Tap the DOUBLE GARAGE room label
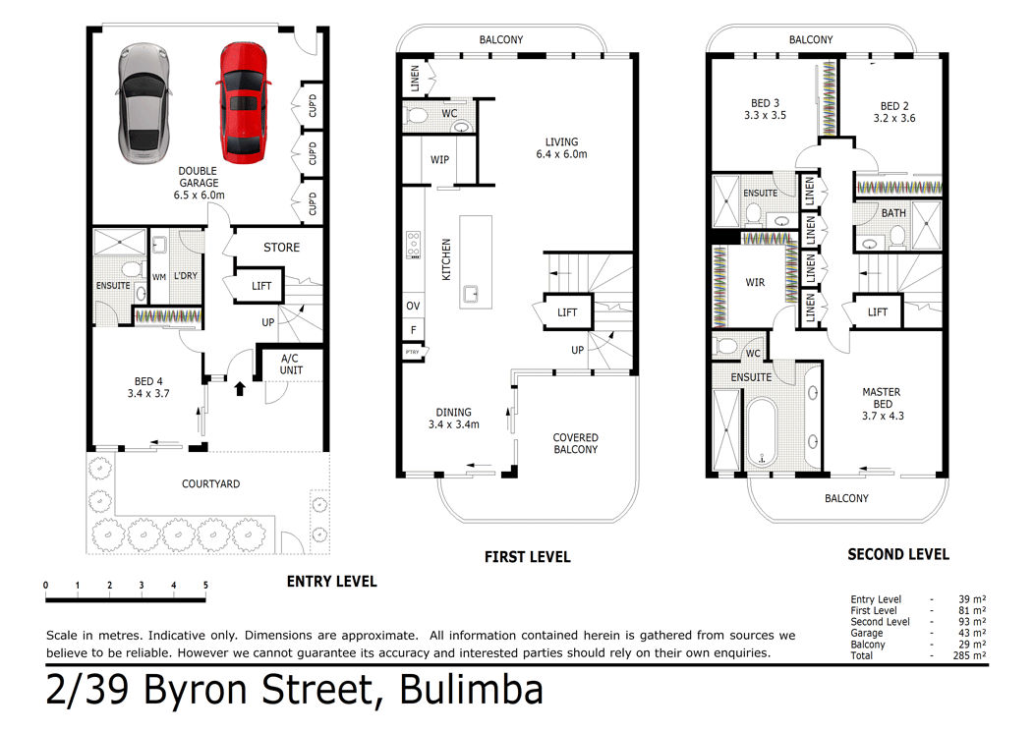coord(199,183)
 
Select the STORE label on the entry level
coord(281,248)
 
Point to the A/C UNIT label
coord(291,365)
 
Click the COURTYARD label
coord(210,484)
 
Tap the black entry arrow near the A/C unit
coord(239,389)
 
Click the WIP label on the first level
coord(440,159)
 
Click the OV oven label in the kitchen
coord(413,307)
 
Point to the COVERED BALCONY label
coord(575,444)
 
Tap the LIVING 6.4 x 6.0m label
coord(561,148)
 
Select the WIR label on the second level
coord(755,283)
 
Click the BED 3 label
coord(765,110)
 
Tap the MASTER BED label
coord(881,404)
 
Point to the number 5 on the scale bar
coord(205,586)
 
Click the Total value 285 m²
coord(969,655)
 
